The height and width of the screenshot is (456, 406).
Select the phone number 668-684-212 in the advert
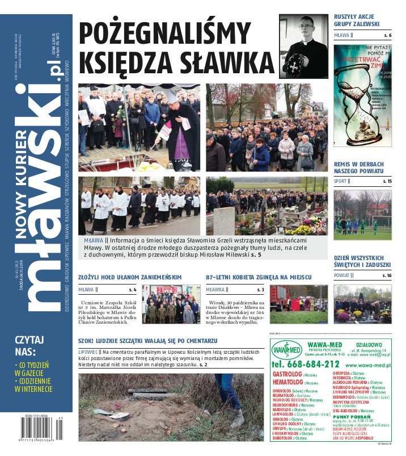306,364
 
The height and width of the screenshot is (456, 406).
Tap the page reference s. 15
387,181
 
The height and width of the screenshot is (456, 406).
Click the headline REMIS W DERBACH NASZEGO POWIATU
358,167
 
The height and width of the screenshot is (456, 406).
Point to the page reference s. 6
387,36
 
